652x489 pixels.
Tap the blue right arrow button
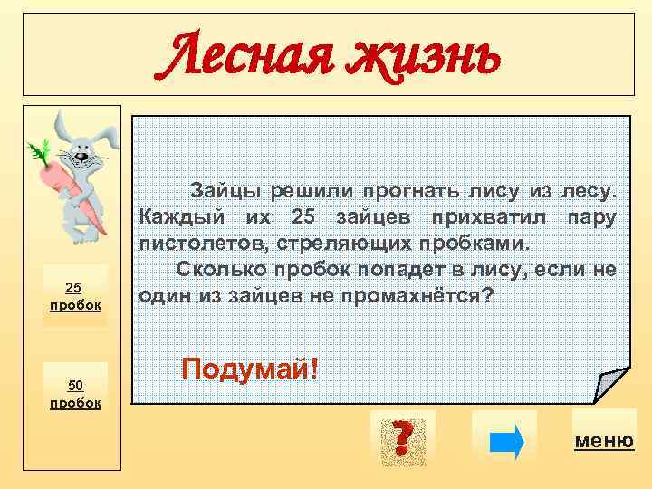tap(505, 442)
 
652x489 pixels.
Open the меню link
tap(604, 441)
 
